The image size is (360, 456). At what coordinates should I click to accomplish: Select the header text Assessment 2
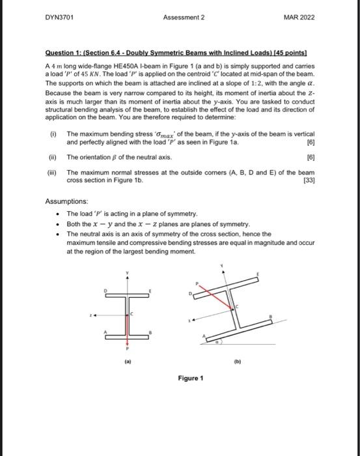[x=184, y=16]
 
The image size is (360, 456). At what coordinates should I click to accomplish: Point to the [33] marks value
[x=309, y=179]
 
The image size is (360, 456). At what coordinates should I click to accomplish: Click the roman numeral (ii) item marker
[x=53, y=157]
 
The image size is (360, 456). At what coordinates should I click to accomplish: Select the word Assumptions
[x=67, y=203]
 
